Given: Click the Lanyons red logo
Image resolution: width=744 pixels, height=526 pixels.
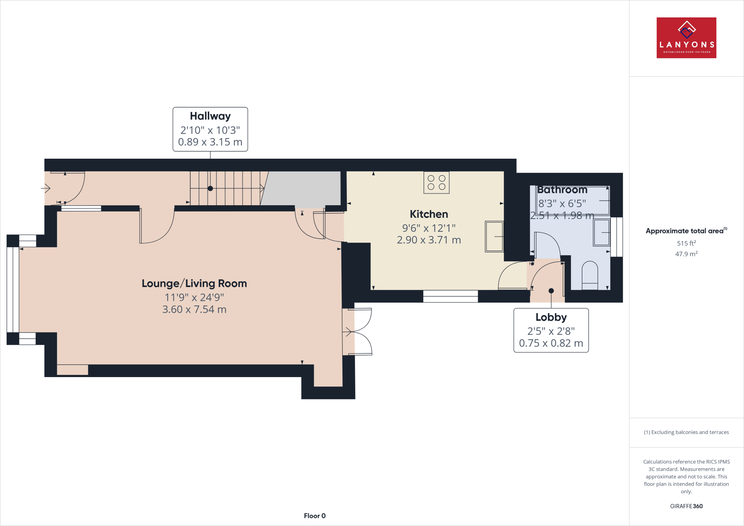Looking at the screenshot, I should point(686,38).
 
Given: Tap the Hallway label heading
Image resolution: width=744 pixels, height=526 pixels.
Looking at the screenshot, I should point(210,116).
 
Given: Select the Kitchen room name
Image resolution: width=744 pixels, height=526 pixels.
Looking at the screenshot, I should point(429,214).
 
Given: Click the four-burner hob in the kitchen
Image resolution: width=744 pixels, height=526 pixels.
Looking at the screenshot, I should point(436,183).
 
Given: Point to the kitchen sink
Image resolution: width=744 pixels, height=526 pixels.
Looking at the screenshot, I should point(494,236).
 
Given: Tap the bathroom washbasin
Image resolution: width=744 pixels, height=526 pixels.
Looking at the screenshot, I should point(602,232).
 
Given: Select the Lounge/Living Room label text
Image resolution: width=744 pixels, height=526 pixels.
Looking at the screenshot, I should point(194,283).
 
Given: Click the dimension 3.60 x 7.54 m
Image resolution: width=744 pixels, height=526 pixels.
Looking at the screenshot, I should point(194,309).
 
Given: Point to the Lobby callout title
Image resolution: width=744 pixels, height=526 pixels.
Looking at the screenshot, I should point(551,317).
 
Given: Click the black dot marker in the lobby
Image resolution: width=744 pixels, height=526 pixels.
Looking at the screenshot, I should point(551,291).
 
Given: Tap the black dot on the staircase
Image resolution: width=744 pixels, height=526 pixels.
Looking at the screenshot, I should point(210,189).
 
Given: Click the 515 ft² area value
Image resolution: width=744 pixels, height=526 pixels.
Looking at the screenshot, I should point(686,243).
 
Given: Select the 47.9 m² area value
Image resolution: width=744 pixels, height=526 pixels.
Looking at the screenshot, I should point(686,254).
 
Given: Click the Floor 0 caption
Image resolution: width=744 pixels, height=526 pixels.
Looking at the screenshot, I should point(315,516).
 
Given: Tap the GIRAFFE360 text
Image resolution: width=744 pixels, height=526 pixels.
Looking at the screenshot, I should point(686,506).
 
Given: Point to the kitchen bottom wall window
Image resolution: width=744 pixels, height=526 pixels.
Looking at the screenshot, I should point(450,296).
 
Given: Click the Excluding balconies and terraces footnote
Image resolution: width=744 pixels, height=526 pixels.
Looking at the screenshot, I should point(686,432).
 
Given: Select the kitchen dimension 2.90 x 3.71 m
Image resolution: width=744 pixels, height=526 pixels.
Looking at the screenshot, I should point(429,240).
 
